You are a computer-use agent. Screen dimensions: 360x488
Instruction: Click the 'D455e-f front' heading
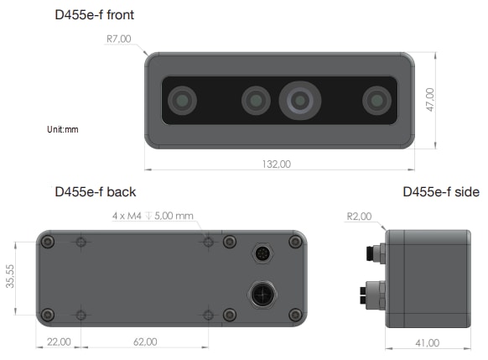tap(94, 15)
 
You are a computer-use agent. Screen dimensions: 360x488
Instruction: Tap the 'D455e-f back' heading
tap(95, 192)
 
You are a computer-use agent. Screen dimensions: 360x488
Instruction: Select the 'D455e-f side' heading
tap(441, 192)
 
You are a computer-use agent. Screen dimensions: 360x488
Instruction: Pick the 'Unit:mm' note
tap(63, 130)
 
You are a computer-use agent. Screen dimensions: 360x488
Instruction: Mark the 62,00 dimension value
tap(145, 342)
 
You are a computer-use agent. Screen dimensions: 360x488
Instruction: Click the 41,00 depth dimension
tap(427, 342)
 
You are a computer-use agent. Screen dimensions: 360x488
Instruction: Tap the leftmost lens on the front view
tap(181, 102)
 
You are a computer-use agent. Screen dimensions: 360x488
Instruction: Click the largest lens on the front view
tap(299, 101)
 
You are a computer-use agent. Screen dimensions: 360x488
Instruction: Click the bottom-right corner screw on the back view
tap(294, 315)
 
